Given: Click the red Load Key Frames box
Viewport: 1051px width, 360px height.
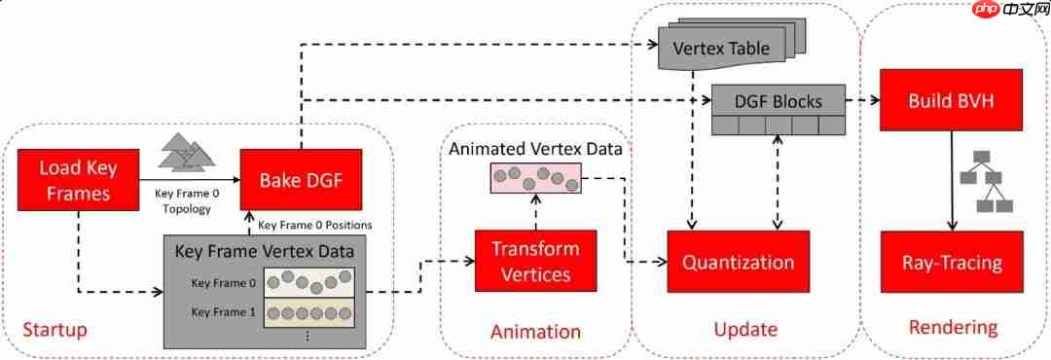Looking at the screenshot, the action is coord(78,180).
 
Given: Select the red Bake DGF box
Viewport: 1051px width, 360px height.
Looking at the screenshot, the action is coord(301,180).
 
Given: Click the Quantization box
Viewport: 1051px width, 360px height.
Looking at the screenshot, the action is coord(738,262).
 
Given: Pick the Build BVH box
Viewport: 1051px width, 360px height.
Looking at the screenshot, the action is coord(952,100).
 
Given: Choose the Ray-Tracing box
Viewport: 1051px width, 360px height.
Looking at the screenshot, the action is coord(952,262).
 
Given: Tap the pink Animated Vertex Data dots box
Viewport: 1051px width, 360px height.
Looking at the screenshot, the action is coord(536,178).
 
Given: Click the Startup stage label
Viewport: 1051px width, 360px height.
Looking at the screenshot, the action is coord(54,330).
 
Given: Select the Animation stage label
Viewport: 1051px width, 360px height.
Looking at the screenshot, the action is coord(535,332).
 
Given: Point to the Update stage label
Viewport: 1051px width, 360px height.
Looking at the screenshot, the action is coord(745,330).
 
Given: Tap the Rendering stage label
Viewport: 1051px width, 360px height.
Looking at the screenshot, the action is coord(953,327).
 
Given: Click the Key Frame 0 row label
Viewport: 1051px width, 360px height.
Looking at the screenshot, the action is coord(224,283).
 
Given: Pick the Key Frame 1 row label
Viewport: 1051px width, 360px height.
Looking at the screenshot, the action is coord(224,311).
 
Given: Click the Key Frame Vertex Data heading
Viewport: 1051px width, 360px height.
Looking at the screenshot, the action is coord(265,252).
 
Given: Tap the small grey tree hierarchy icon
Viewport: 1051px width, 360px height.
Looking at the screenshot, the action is coord(985,182).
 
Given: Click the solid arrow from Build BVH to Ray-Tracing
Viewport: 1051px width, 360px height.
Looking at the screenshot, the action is coord(952,181).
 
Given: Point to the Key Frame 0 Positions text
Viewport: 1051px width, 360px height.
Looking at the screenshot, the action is coord(314,225).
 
